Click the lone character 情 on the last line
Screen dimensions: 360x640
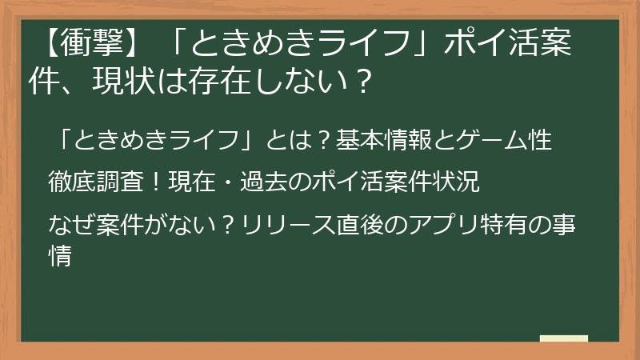click(x=62, y=255)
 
